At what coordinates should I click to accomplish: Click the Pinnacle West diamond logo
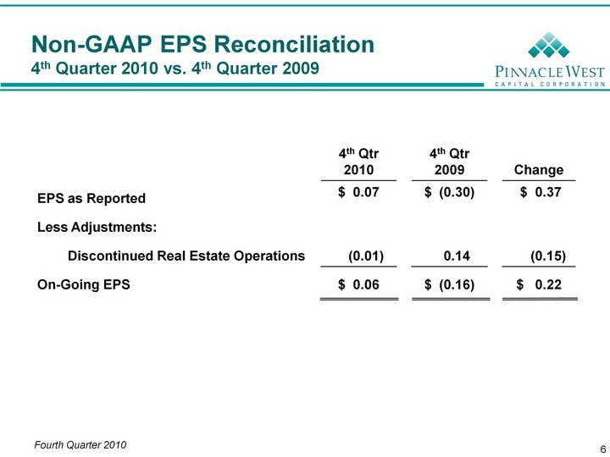tap(548, 45)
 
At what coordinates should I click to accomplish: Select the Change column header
tap(539, 170)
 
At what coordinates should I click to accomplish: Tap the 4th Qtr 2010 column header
tap(358, 162)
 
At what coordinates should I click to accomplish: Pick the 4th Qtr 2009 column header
tap(449, 162)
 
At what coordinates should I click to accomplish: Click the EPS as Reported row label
tap(91, 198)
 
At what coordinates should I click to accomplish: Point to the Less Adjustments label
tap(97, 227)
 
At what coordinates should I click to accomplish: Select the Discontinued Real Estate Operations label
tap(186, 256)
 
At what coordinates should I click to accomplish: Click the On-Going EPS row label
tap(84, 284)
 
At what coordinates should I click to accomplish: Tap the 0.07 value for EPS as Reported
tap(366, 192)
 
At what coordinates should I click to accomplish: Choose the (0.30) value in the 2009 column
tap(457, 192)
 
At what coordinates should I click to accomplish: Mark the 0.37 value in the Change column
tap(548, 192)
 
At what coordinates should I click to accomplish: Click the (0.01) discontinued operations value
tap(366, 256)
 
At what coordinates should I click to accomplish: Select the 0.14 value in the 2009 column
tap(457, 256)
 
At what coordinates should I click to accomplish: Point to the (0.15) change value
tap(548, 256)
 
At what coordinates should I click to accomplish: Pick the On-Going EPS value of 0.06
tap(366, 284)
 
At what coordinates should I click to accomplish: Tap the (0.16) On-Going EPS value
tap(457, 285)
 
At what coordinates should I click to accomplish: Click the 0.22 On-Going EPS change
tap(548, 284)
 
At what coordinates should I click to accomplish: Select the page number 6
tap(603, 449)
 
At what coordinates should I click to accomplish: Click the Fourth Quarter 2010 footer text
tap(80, 445)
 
